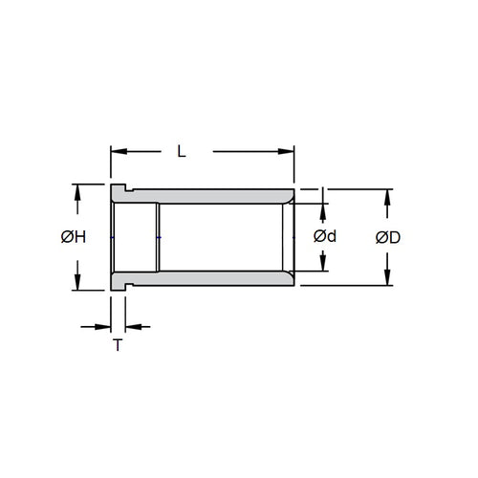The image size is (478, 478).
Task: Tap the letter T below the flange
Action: point(118,345)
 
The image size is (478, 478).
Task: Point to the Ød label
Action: point(326,236)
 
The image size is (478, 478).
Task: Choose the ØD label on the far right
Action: point(387,236)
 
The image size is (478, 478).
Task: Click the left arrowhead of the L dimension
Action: point(117,150)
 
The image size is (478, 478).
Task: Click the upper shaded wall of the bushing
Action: point(220,197)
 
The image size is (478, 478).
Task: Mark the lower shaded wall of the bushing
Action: point(220,277)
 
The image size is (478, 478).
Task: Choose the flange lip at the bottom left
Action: point(119,284)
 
